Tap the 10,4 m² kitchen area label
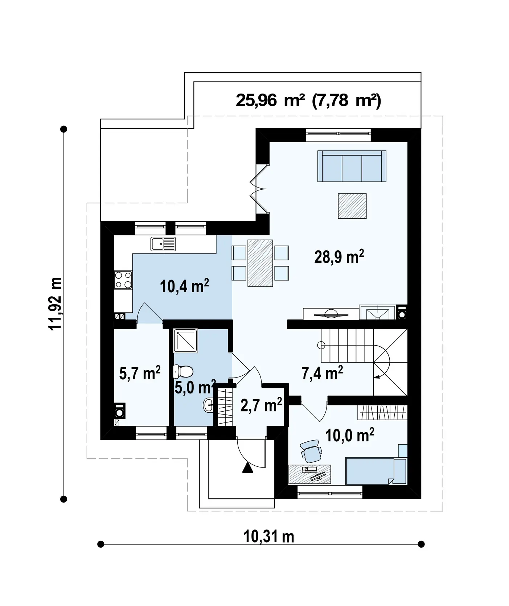184,286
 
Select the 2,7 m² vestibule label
261,405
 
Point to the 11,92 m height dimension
56,304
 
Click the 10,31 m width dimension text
268,536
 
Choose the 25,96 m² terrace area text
270,100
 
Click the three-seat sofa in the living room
352,166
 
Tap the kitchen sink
163,244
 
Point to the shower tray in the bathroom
185,341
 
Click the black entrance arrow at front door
248,468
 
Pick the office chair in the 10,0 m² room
311,451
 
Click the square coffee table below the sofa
352,206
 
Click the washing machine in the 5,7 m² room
120,411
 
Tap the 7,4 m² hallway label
322,373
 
